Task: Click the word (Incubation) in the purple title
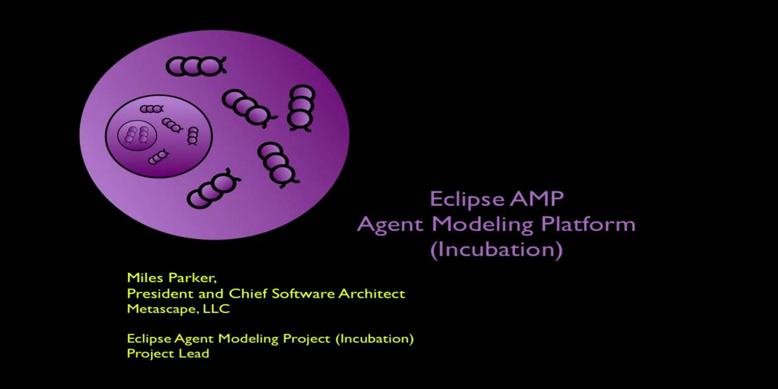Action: click(496, 250)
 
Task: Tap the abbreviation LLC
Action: click(218, 309)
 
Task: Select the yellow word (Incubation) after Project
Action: click(374, 339)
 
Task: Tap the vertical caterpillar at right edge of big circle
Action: click(301, 107)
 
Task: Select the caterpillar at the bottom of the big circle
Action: click(212, 190)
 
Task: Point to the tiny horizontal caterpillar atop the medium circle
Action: click(151, 109)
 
